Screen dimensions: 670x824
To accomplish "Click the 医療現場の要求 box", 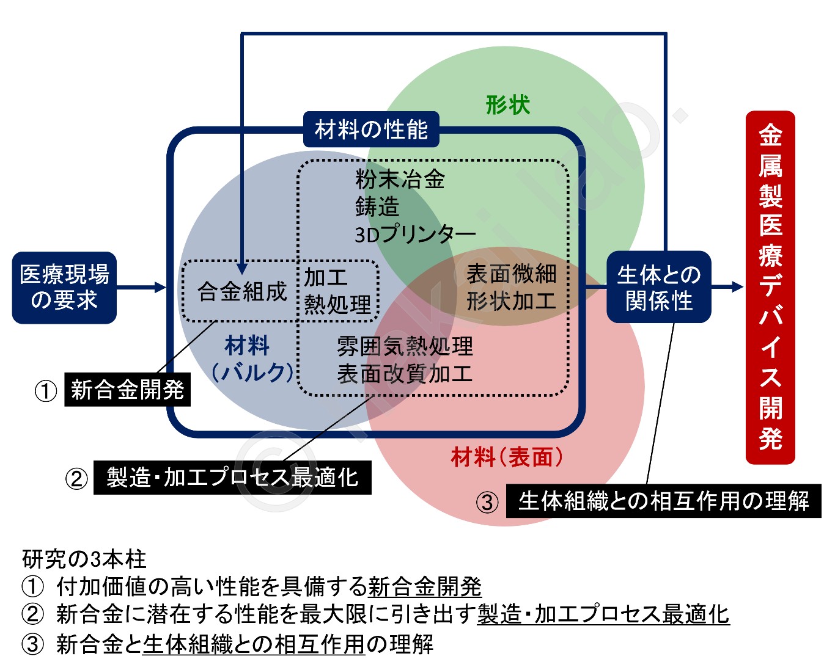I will pyautogui.click(x=64, y=287).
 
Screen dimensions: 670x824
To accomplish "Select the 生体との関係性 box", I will pyautogui.click(x=658, y=287).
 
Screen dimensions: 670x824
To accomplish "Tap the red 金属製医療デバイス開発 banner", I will pyautogui.click(x=770, y=287).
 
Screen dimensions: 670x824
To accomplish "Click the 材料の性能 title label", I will pyautogui.click(x=371, y=129).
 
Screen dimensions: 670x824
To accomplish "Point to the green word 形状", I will pyautogui.click(x=507, y=105).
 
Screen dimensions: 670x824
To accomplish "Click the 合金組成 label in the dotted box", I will pyautogui.click(x=242, y=291).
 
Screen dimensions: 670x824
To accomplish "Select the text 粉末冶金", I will pyautogui.click(x=400, y=180).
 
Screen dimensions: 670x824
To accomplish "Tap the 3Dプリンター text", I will pyautogui.click(x=415, y=235).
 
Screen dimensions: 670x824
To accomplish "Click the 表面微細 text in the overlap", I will pyautogui.click(x=511, y=274).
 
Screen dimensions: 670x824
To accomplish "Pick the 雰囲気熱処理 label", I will pyautogui.click(x=405, y=346).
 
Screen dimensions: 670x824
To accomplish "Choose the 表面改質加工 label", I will pyautogui.click(x=405, y=374).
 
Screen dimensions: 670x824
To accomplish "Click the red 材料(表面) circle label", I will pyautogui.click(x=507, y=456).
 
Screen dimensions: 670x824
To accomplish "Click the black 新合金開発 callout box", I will pyautogui.click(x=127, y=390).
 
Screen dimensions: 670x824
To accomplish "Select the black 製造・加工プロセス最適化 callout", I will pyautogui.click(x=232, y=478).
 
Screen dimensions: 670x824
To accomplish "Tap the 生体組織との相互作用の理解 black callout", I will pyautogui.click(x=663, y=501).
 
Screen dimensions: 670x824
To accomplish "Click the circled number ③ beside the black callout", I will pyautogui.click(x=487, y=503).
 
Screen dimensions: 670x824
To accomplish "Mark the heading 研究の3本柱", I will pyautogui.click(x=84, y=558).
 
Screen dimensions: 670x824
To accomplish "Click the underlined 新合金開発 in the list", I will pyautogui.click(x=425, y=586).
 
